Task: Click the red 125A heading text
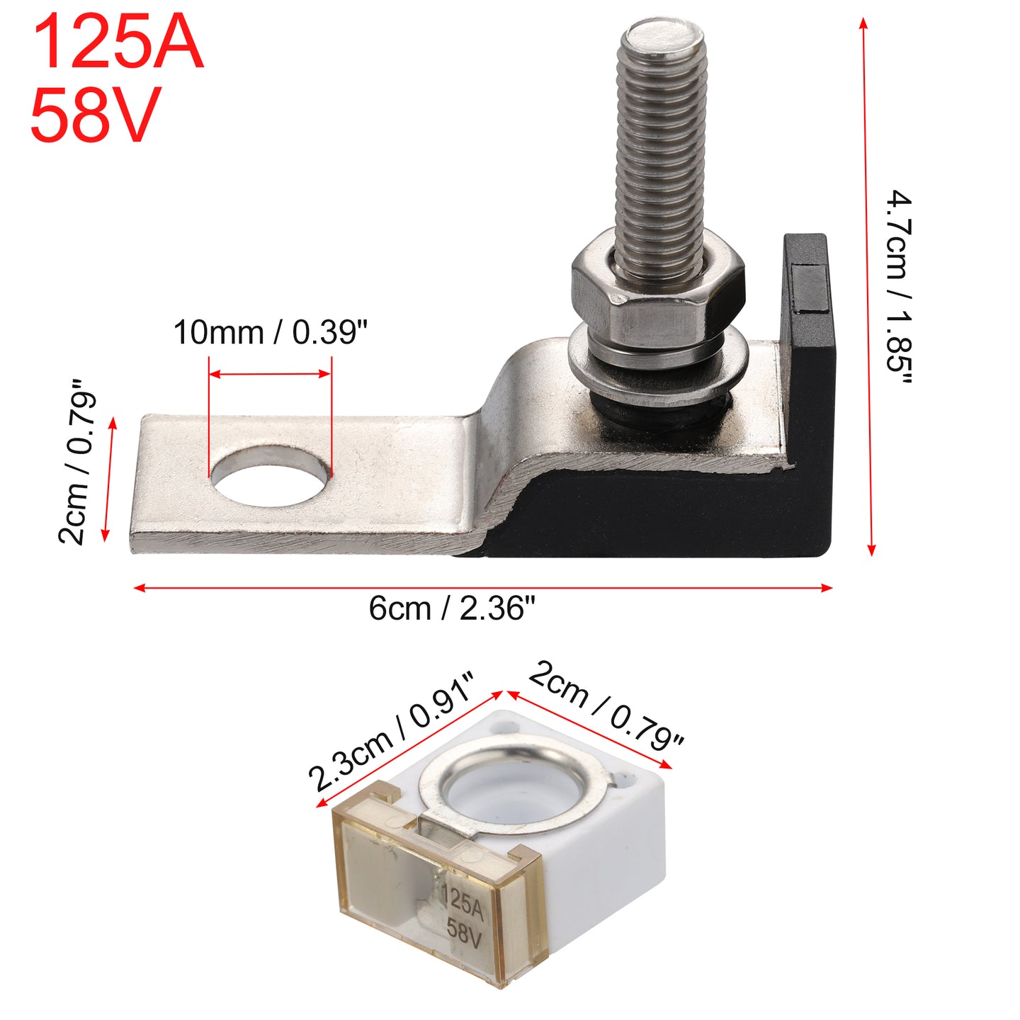point(118,43)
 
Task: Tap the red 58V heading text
point(96,115)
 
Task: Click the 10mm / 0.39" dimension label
point(270,332)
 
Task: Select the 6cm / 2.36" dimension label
point(452,608)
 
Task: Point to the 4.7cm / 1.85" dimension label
point(900,288)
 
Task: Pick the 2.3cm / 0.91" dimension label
point(390,732)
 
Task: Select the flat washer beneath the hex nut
point(659,365)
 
